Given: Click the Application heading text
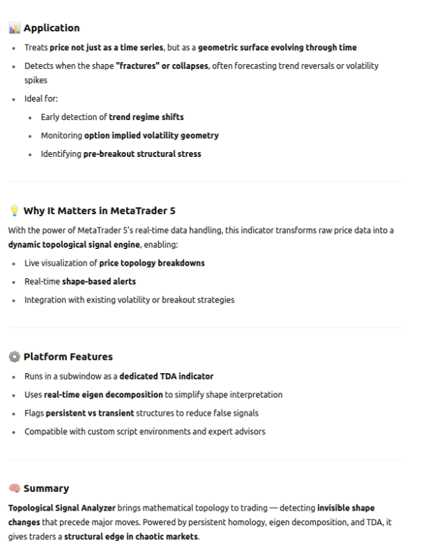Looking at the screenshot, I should pyautogui.click(x=52, y=28).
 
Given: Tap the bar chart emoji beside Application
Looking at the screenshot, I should pyautogui.click(x=14, y=28).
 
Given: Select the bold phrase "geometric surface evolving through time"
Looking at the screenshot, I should pyautogui.click(x=277, y=47).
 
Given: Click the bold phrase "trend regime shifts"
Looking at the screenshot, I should pyautogui.click(x=146, y=116).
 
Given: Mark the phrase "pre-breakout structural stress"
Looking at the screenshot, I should pyautogui.click(x=142, y=153).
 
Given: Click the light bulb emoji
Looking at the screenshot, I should pyautogui.click(x=14, y=211).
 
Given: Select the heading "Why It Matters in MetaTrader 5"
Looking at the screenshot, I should pyautogui.click(x=99, y=211).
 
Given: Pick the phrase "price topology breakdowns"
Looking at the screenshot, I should pyautogui.click(x=151, y=263).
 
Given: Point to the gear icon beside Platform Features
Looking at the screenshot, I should pyautogui.click(x=14, y=356).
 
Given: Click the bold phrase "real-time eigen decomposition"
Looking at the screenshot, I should pyautogui.click(x=103, y=394).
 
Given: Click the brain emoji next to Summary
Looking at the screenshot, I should pyautogui.click(x=14, y=488).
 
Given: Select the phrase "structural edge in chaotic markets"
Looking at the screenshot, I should pyautogui.click(x=131, y=537).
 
